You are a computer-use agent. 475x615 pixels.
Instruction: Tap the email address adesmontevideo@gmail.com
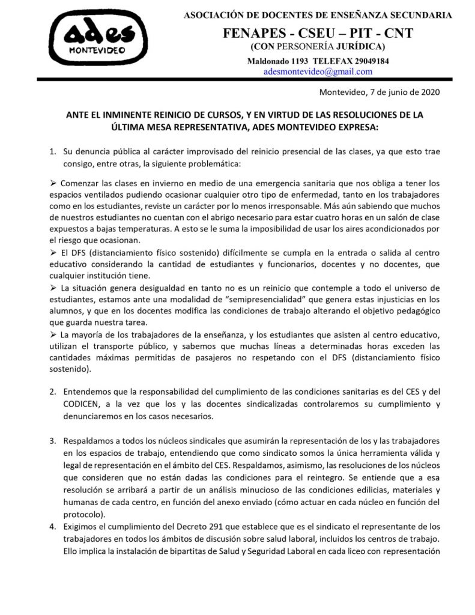(x=318, y=71)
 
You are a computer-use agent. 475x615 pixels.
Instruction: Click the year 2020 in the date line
(x=430, y=92)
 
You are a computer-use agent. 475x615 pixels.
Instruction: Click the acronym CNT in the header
(x=397, y=33)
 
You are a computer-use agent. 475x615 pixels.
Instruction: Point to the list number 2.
(x=52, y=390)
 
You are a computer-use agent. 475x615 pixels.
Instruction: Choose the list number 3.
(x=52, y=440)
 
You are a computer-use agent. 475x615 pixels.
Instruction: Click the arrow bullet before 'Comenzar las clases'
(x=53, y=182)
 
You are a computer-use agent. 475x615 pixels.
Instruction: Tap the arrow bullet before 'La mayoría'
(x=53, y=334)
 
